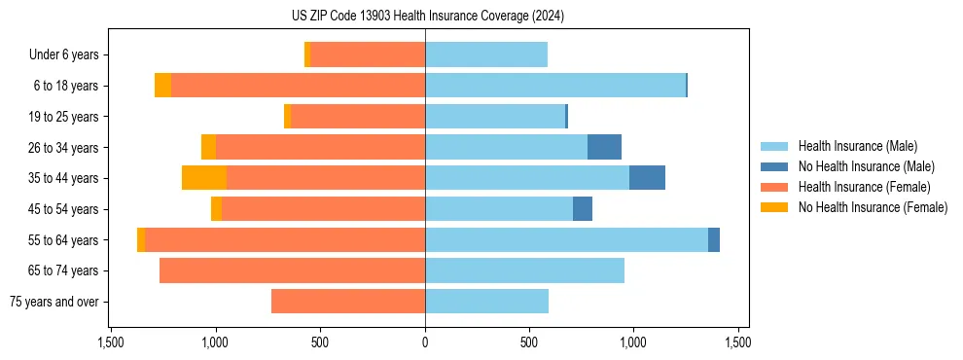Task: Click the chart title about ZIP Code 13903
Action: [427, 16]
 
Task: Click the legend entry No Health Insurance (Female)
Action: [873, 207]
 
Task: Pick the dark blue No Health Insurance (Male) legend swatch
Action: [774, 166]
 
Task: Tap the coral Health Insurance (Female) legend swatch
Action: [774, 187]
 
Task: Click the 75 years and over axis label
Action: [53, 302]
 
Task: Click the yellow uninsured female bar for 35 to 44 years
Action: [204, 178]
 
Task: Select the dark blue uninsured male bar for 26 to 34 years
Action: [604, 147]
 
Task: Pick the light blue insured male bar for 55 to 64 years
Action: [566, 239]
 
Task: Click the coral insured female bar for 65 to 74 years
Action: [292, 270]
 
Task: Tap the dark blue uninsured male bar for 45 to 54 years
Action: [583, 208]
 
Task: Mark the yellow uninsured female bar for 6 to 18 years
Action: [162, 86]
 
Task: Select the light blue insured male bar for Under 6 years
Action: [486, 55]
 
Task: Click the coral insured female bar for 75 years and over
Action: [348, 302]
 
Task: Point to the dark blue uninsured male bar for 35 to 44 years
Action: [647, 178]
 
